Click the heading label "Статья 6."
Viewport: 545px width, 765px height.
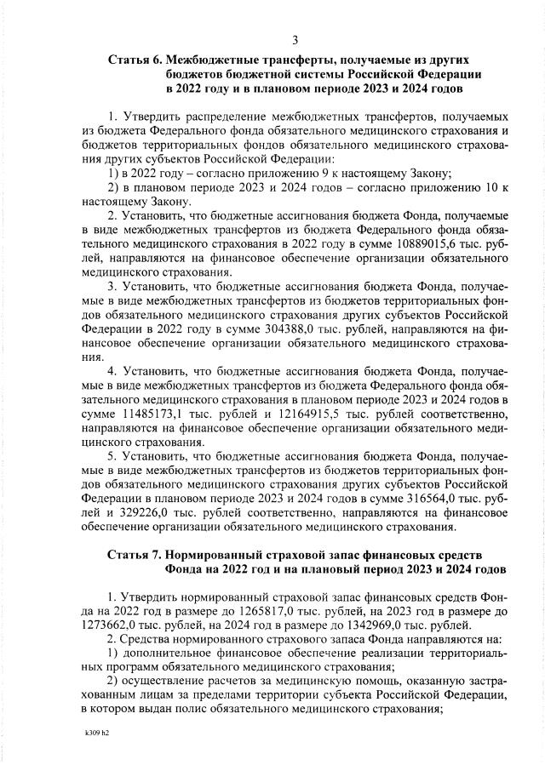click(135, 60)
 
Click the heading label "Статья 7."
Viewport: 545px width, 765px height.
click(135, 554)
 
